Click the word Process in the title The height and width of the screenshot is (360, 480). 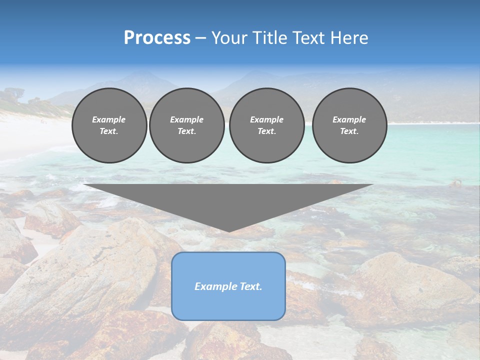coord(157,38)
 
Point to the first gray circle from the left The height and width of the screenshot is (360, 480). coord(109,125)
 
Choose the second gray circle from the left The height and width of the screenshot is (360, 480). coord(187,125)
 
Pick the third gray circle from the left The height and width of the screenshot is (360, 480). coord(266,125)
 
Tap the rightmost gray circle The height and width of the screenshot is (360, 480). coord(349,125)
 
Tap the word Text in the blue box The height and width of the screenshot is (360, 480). coord(251,286)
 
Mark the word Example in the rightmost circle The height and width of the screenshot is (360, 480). coord(349,119)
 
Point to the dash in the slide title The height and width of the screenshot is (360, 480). coord(200,38)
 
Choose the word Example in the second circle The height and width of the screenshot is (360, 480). coord(187,119)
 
